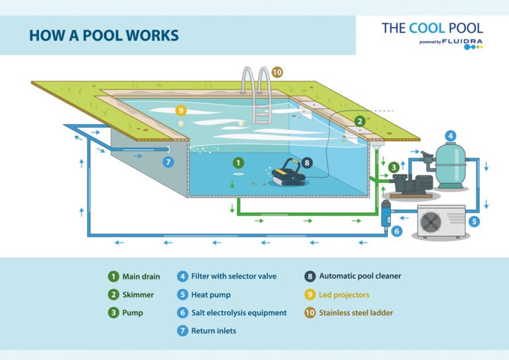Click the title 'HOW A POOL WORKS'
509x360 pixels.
click(x=103, y=34)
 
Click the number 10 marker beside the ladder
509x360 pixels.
click(x=277, y=72)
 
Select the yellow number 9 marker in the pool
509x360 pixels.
click(x=180, y=110)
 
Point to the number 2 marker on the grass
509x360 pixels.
click(x=359, y=121)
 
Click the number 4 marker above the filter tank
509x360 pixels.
click(x=450, y=137)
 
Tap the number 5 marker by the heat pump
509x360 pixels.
click(x=474, y=222)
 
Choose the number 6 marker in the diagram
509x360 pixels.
click(x=396, y=231)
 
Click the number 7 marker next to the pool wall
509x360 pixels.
click(x=168, y=161)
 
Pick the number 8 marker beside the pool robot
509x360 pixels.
click(x=306, y=162)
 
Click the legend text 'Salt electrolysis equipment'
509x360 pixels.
click(x=239, y=312)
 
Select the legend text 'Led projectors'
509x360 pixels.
click(x=344, y=294)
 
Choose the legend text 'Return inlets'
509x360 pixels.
click(x=213, y=330)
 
